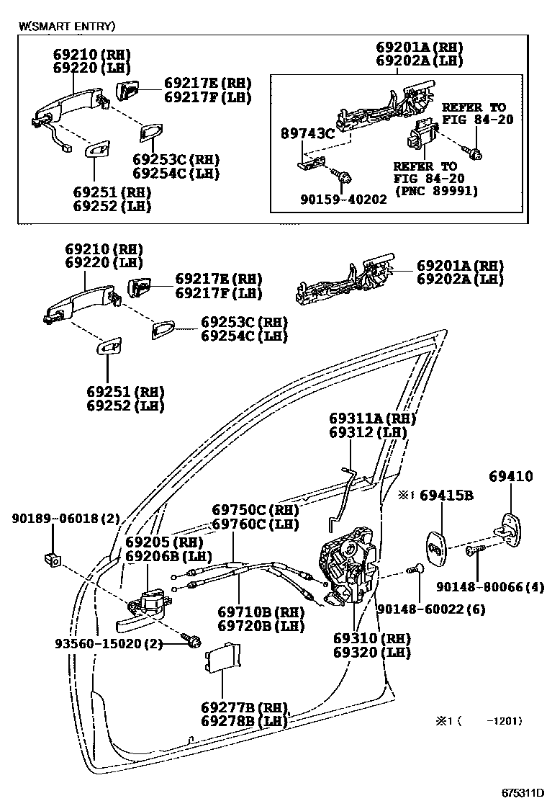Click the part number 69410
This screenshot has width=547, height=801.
pos(510,476)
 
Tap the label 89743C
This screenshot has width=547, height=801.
pos(307,133)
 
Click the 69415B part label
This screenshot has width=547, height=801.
pos(446,496)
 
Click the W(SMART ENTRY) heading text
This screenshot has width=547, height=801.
pos(66,27)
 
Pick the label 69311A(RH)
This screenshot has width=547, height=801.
pos(372,418)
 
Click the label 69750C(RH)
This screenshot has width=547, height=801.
pos(255,510)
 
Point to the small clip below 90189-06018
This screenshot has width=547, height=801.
pos(52,557)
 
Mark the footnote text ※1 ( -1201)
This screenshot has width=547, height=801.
pos(477,720)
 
